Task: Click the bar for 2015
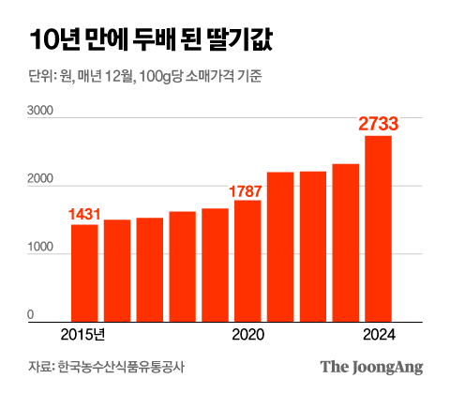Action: coord(84,273)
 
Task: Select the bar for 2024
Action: coord(378,229)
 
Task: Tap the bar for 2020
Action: coord(247,261)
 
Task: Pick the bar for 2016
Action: coord(117,270)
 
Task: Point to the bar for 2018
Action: coord(182,266)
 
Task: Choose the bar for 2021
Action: coord(280,247)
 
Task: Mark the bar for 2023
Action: coord(345,243)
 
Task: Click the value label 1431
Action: coord(84,215)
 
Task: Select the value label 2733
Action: coord(380,124)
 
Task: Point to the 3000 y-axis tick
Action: coord(40,111)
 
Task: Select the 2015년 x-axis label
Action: coord(84,336)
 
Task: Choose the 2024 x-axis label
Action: coord(378,336)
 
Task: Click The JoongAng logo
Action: coord(371,367)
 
